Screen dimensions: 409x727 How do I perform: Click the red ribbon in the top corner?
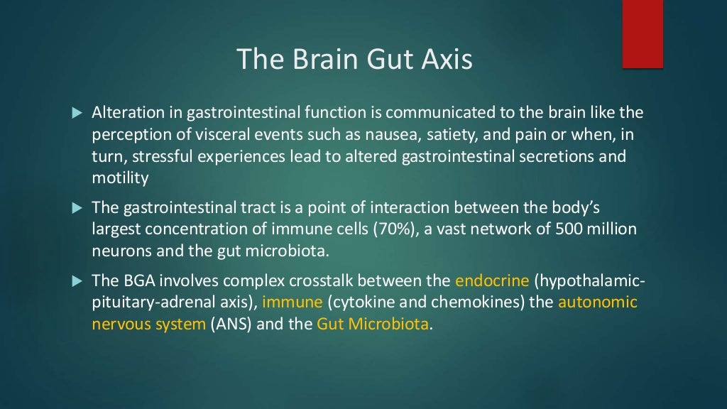click(x=643, y=34)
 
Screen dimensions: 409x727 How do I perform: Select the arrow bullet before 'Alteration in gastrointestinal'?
click(x=78, y=114)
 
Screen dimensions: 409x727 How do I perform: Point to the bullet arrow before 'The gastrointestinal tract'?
click(x=78, y=208)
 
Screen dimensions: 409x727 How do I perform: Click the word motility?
click(x=120, y=178)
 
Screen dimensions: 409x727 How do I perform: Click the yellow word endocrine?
click(x=488, y=281)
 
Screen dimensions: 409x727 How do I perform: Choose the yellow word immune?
click(x=293, y=302)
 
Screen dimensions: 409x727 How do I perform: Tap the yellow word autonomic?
click(x=598, y=302)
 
